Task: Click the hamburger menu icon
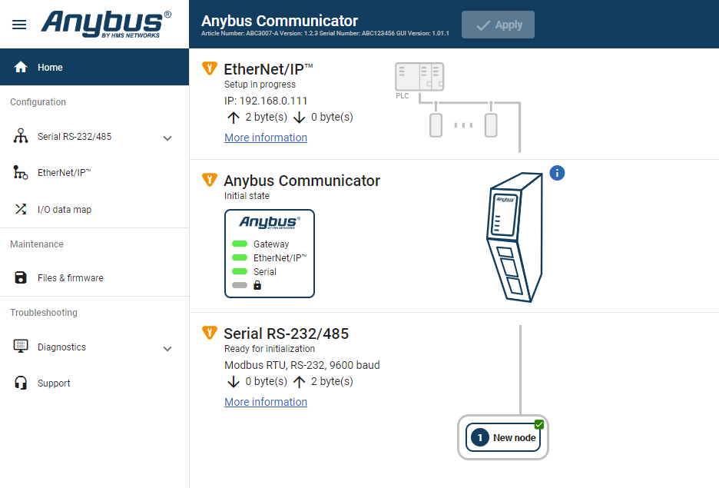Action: pyautogui.click(x=19, y=24)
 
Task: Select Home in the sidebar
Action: pyautogui.click(x=50, y=68)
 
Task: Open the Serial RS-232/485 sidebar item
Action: pyautogui.click(x=74, y=137)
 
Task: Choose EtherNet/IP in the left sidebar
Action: pyautogui.click(x=64, y=173)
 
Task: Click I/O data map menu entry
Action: pyautogui.click(x=64, y=210)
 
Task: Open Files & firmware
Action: pyautogui.click(x=70, y=278)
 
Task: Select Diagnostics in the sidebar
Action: pyautogui.click(x=61, y=347)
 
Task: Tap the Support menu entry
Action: pyautogui.click(x=54, y=383)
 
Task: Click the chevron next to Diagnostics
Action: pyautogui.click(x=167, y=348)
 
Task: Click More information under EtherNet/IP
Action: pyautogui.click(x=266, y=138)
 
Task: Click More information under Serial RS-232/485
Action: pyautogui.click(x=266, y=402)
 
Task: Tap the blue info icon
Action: pyautogui.click(x=558, y=173)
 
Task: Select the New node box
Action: pyautogui.click(x=503, y=437)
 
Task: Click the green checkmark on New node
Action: pyautogui.click(x=539, y=424)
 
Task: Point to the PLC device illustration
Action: pyautogui.click(x=419, y=78)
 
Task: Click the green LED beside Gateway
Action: pyautogui.click(x=240, y=244)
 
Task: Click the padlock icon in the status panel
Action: pyautogui.click(x=257, y=285)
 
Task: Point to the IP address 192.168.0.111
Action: pyautogui.click(x=266, y=101)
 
